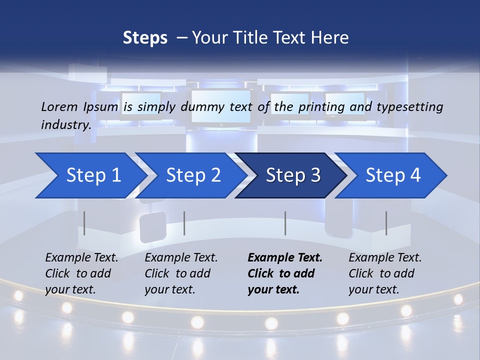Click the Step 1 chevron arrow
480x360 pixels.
(x=93, y=175)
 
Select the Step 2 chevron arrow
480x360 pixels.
(x=193, y=175)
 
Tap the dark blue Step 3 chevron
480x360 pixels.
(x=293, y=175)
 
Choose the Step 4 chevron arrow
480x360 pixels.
(x=393, y=175)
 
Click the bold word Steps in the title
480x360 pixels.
(x=145, y=38)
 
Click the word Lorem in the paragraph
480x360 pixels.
(x=59, y=106)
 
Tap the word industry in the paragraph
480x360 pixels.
(x=66, y=124)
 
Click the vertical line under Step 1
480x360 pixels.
(x=84, y=223)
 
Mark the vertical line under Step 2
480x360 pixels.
(x=184, y=223)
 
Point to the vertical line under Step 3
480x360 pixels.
(x=285, y=223)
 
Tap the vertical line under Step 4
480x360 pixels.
(x=386, y=223)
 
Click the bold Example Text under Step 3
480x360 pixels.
(x=285, y=258)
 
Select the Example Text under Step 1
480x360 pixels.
(x=81, y=258)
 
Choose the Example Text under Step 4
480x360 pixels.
(x=385, y=258)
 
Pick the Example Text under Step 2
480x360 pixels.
(x=181, y=258)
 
